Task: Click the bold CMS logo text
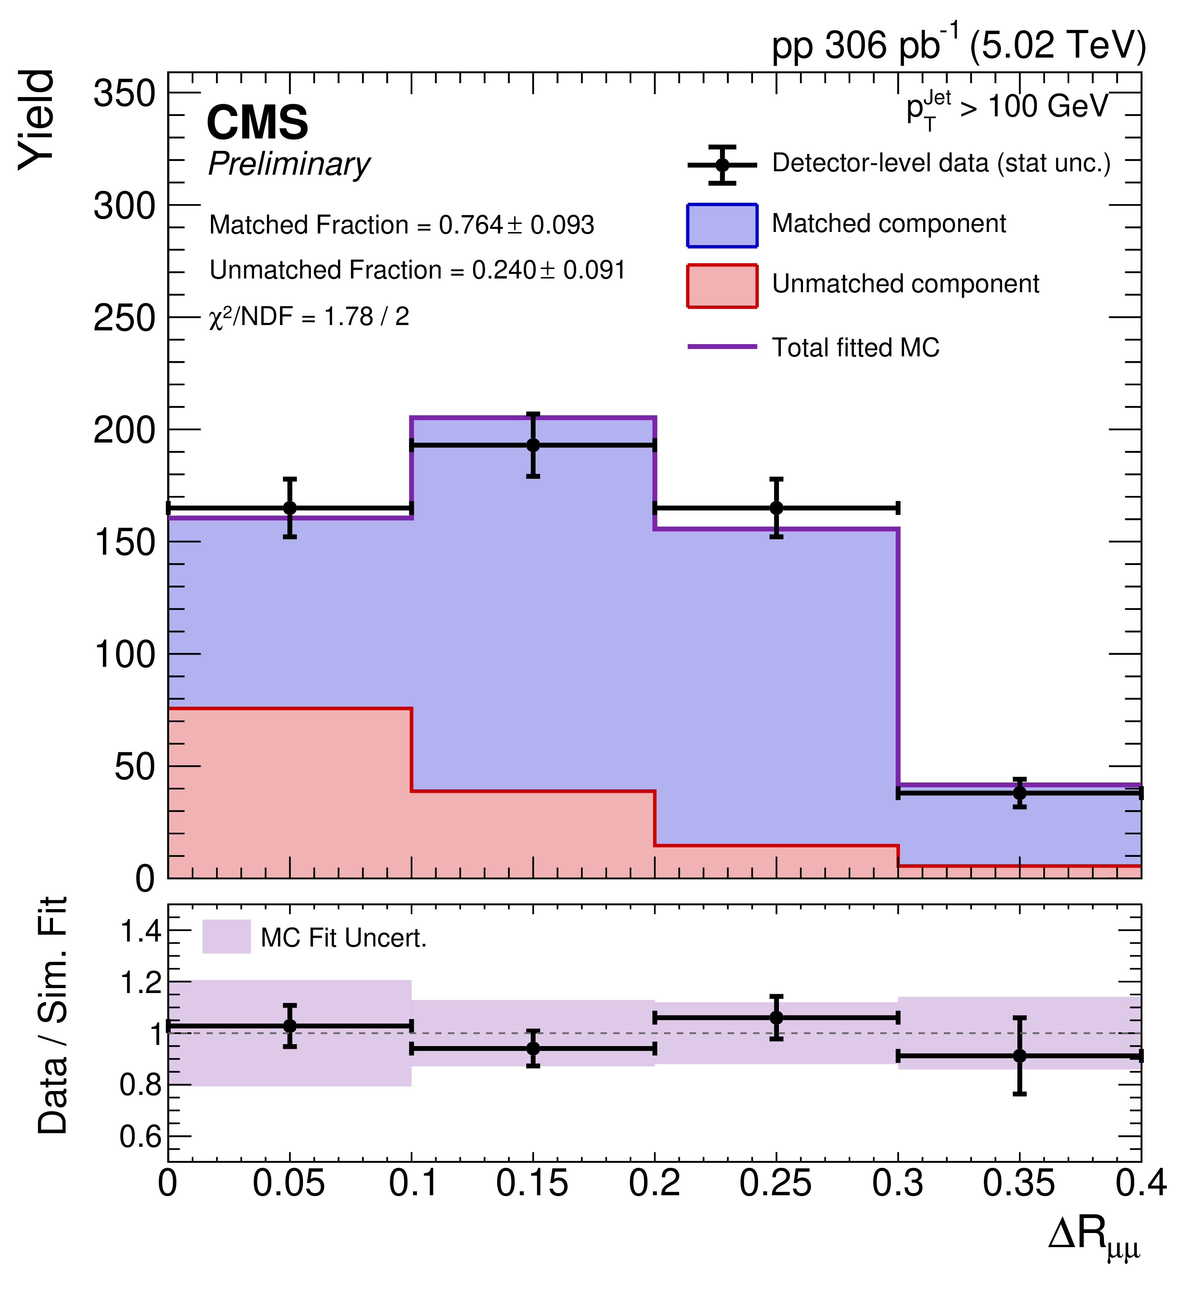click(257, 122)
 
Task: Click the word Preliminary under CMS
click(290, 164)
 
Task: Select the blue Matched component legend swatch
click(722, 226)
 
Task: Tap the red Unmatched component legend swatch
click(722, 286)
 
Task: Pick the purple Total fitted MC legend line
click(722, 347)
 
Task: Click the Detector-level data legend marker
click(722, 164)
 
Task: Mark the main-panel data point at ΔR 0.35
click(1020, 793)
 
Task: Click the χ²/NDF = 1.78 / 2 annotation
click(309, 317)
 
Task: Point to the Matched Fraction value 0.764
click(471, 225)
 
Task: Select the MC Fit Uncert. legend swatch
click(226, 937)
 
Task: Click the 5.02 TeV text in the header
click(1057, 45)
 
